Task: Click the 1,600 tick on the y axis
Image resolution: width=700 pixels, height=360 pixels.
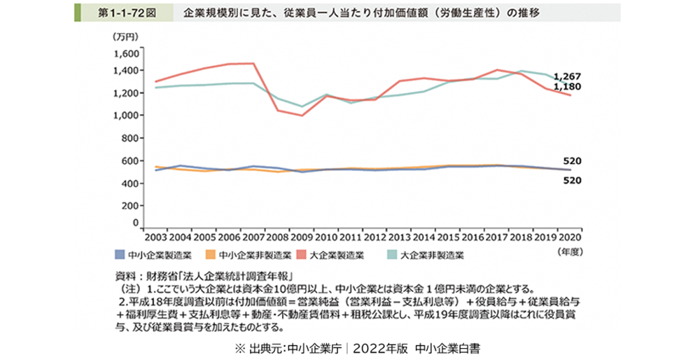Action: (x=126, y=54)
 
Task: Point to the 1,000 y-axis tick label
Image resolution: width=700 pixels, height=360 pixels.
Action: (x=126, y=116)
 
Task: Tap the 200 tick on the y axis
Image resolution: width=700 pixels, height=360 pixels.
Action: (x=131, y=207)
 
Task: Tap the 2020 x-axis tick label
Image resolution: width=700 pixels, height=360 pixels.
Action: (x=569, y=236)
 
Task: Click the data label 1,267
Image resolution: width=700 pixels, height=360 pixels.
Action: (x=567, y=76)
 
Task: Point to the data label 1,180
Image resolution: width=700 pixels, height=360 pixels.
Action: (x=567, y=86)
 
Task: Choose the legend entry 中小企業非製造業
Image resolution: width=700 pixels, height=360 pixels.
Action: (x=251, y=255)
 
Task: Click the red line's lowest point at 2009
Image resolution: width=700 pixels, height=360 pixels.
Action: (x=302, y=116)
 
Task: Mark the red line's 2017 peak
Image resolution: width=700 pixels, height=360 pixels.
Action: (x=496, y=69)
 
